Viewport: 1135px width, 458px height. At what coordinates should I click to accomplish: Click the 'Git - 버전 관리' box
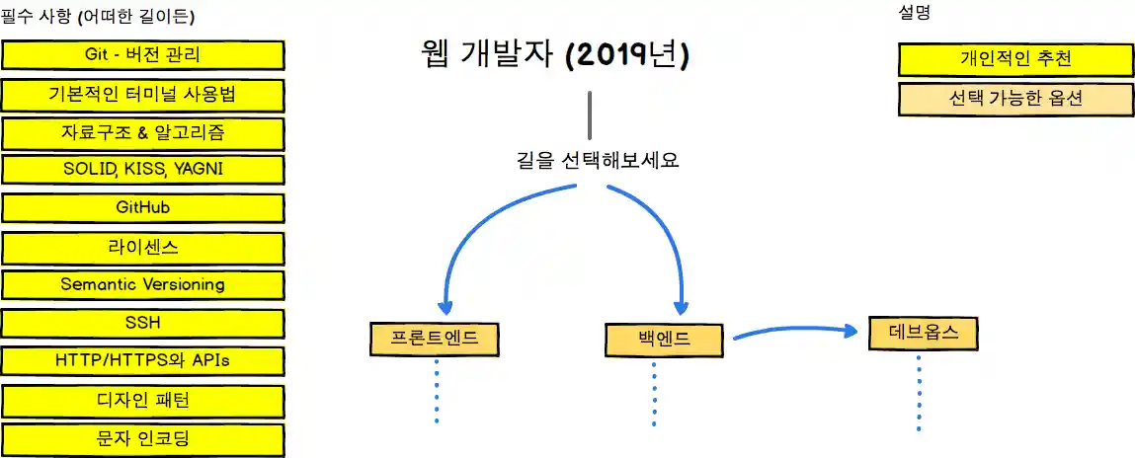(143, 54)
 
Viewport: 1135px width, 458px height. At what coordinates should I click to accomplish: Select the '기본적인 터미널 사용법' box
(143, 95)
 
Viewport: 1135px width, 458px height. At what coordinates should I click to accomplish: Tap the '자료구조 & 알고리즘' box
(143, 132)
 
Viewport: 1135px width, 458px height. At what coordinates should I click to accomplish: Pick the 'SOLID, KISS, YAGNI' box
(143, 169)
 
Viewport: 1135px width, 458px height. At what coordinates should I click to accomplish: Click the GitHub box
(143, 208)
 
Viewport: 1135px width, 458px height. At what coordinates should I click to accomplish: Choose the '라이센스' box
(143, 247)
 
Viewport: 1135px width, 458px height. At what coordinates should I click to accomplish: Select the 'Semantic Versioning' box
(143, 284)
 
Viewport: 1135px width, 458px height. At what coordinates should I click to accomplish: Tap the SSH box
(143, 323)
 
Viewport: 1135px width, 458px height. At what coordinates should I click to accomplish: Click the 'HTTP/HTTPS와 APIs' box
(143, 360)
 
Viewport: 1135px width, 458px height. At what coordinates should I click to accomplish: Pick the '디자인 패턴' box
(143, 400)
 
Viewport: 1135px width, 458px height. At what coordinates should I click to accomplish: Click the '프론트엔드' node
(435, 339)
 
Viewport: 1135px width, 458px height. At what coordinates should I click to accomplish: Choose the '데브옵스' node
(924, 333)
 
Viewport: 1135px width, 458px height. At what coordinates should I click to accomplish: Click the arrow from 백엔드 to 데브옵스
(790, 332)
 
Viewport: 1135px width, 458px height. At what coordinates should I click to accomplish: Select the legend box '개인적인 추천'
(1014, 59)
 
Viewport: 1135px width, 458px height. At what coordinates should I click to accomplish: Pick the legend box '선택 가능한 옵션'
(1014, 99)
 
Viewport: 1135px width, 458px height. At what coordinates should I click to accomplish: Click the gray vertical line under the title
(590, 114)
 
